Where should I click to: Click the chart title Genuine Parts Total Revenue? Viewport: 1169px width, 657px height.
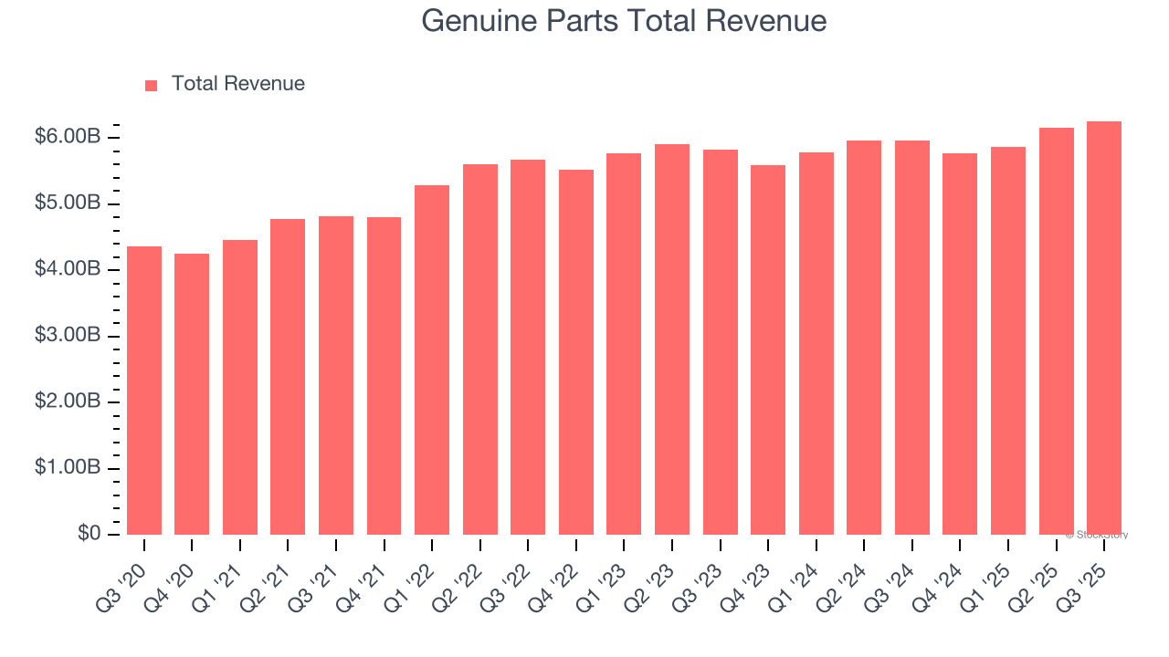pos(624,21)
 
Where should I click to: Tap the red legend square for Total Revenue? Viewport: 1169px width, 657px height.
pos(152,85)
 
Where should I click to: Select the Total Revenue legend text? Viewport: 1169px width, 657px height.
pos(237,84)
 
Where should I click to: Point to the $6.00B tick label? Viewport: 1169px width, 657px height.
pos(68,137)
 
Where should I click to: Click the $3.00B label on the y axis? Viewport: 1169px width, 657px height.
pos(68,336)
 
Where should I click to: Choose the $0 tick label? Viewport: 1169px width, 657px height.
pos(88,534)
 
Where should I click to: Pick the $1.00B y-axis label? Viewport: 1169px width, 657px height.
pos(68,468)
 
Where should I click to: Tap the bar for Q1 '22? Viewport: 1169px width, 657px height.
pos(432,360)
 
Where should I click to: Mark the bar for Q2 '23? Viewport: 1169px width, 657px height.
pos(672,339)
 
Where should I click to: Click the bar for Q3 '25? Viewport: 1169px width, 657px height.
pos(1104,328)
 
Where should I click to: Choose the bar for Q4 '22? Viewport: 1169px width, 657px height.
pos(576,352)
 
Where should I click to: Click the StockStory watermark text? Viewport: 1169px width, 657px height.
pos(1096,535)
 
